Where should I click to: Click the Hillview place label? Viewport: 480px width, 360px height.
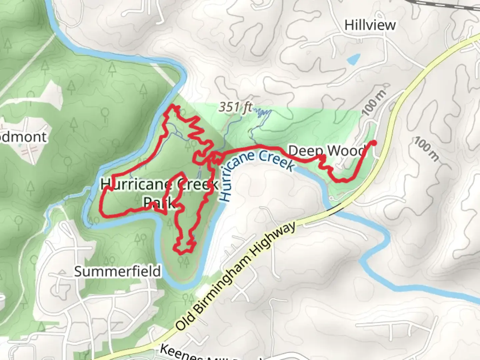click(x=370, y=25)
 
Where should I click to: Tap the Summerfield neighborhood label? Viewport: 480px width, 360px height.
click(x=117, y=271)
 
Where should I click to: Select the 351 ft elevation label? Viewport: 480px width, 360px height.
click(x=235, y=107)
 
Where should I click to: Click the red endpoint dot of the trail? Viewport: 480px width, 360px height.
click(x=374, y=143)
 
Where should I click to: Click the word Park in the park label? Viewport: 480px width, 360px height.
click(x=159, y=202)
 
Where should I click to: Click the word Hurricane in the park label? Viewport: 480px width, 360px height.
click(x=136, y=184)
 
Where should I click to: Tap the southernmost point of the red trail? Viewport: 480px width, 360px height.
click(x=182, y=253)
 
